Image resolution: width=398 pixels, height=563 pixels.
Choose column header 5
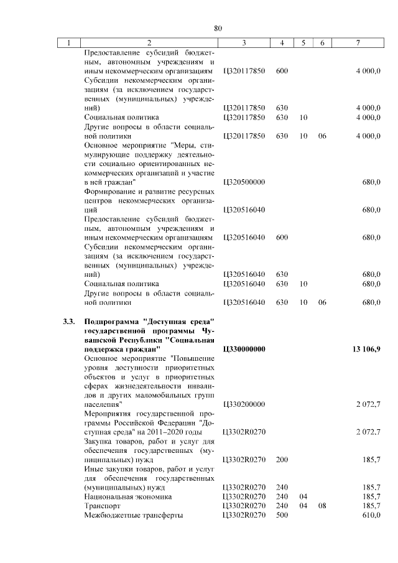303,43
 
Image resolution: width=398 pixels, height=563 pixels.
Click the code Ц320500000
243,182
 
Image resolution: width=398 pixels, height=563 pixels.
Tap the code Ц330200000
243,404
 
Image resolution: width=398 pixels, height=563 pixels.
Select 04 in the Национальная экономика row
303,496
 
